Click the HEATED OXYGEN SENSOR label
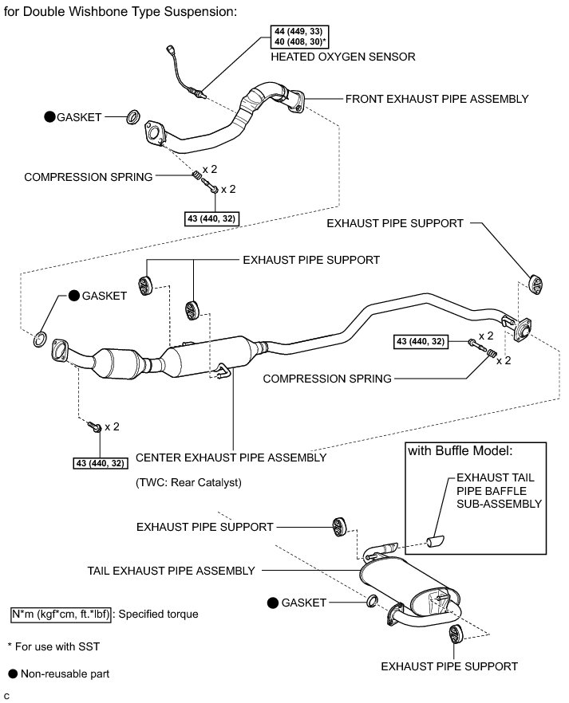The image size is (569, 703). click(343, 57)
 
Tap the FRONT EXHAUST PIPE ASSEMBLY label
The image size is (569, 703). click(437, 99)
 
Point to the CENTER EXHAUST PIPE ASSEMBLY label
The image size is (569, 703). click(231, 458)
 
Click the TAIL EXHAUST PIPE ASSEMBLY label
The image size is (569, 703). click(172, 571)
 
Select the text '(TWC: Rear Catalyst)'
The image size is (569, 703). click(188, 482)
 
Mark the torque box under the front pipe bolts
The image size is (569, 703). click(211, 217)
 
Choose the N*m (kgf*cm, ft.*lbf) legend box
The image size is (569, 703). click(61, 615)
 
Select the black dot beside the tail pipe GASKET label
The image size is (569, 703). click(273, 603)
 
